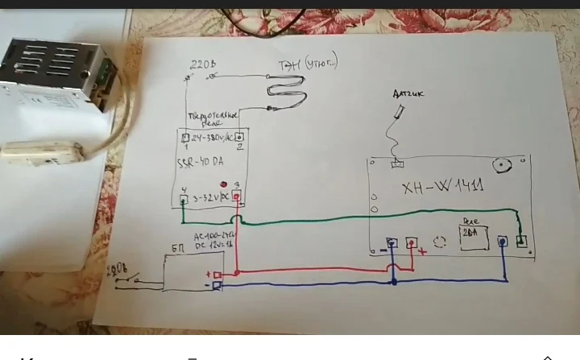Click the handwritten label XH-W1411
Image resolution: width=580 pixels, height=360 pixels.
coord(442,188)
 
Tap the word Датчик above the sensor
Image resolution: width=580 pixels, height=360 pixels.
coord(408,94)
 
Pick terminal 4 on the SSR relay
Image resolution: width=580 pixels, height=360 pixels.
coord(184,195)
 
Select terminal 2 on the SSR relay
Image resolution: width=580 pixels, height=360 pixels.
coord(238,137)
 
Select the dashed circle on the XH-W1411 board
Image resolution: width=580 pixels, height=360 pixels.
coord(440,242)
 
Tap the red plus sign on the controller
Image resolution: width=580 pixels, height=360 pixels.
coord(422,251)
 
